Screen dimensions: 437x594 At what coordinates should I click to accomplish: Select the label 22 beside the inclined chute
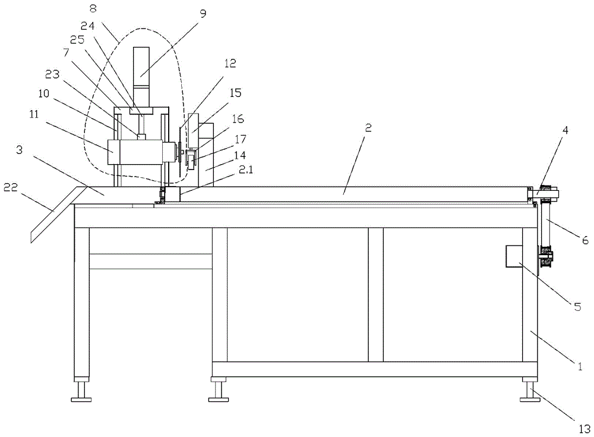[x=10, y=187]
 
